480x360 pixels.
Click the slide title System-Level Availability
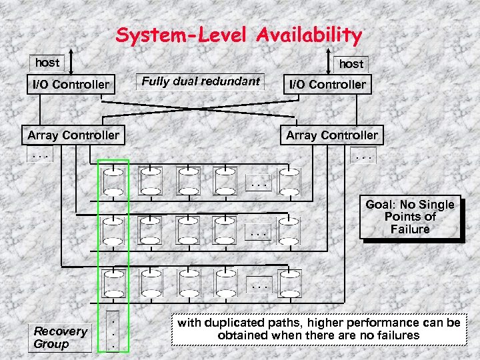click(x=239, y=35)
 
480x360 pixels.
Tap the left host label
click(x=47, y=63)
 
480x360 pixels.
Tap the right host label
click(x=351, y=64)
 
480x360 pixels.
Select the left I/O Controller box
click(x=70, y=85)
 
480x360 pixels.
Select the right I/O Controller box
click(x=326, y=85)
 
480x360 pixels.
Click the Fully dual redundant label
click(x=201, y=82)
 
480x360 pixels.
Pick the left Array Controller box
click(x=73, y=135)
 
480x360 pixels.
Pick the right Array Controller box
click(x=331, y=135)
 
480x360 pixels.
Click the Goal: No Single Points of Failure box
click(x=410, y=217)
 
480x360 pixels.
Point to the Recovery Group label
click(x=61, y=337)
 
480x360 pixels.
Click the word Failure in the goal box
click(x=410, y=229)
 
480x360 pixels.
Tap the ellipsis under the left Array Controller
click(x=41, y=158)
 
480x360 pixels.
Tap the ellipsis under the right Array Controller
click(x=365, y=158)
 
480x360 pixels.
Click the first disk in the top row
click(x=113, y=181)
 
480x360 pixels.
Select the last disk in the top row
click(x=289, y=181)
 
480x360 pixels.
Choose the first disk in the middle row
click(x=113, y=230)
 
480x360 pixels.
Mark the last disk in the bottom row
click(x=289, y=283)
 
